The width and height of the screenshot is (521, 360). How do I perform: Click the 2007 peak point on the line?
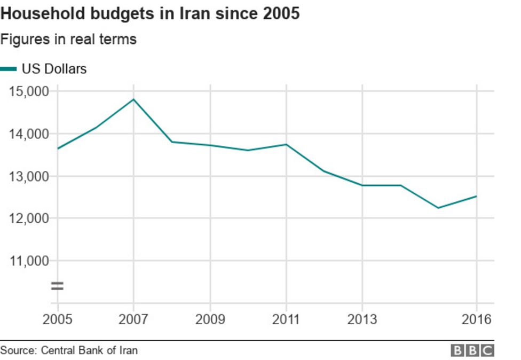point(133,99)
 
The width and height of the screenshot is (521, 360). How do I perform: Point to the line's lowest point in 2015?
point(438,208)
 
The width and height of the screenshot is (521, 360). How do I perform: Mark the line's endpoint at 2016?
point(476,196)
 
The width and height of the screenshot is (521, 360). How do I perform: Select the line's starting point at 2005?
point(57,148)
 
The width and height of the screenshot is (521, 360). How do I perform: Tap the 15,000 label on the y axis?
point(29,91)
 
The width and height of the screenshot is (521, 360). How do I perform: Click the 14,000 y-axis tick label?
point(29,134)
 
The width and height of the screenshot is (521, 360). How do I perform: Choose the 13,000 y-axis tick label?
point(29,176)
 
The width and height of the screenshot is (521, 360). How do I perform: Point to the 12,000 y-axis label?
point(29,218)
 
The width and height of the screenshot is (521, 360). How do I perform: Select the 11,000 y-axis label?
point(29,261)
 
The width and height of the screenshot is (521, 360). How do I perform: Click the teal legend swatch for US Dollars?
point(9,69)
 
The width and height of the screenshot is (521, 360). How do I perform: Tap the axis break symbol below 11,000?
point(57,286)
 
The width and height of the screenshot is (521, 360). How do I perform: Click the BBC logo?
point(472,350)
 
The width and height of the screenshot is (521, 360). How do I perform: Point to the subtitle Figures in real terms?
point(68,40)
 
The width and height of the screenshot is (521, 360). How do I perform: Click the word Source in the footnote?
point(17,350)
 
